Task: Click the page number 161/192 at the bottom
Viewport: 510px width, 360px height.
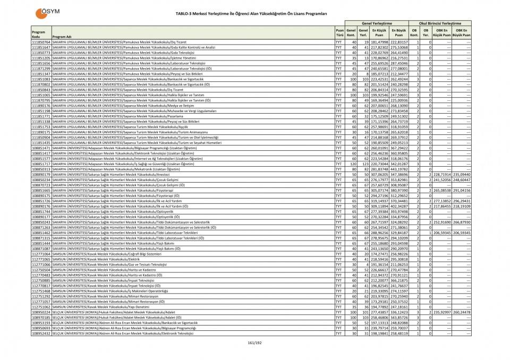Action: [x=255, y=342]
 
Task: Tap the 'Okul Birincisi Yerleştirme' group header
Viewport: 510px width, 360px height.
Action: [x=440, y=24]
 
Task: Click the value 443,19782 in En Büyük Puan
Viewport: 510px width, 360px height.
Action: [x=399, y=169]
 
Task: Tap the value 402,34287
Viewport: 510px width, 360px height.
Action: [x=399, y=206]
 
